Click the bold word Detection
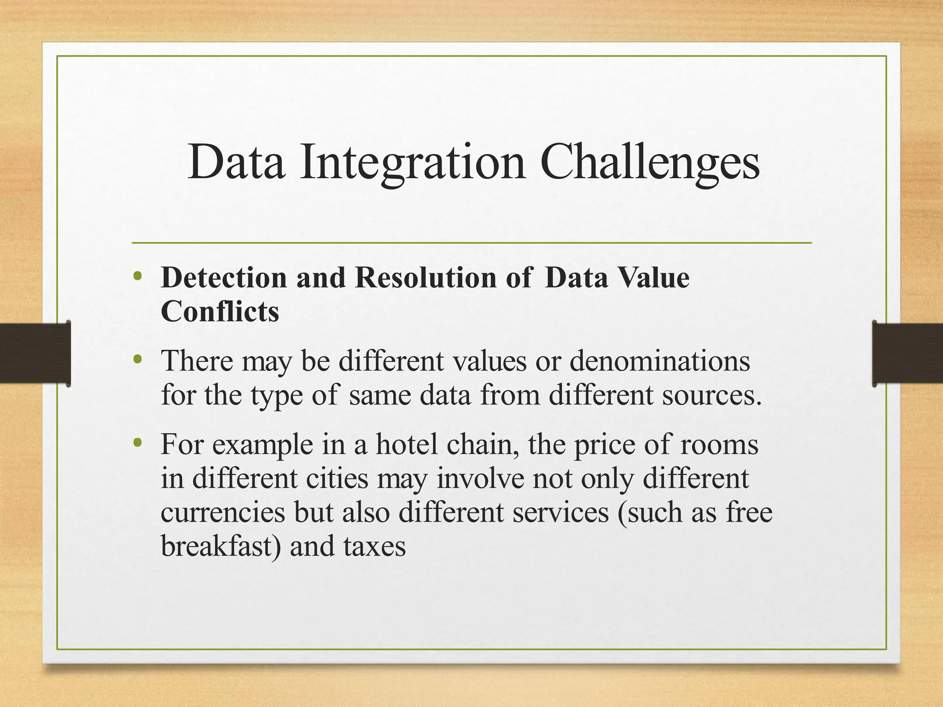[x=224, y=278]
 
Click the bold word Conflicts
[x=220, y=312]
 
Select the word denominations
[x=660, y=361]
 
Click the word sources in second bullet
[x=711, y=395]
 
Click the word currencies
[x=223, y=513]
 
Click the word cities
[x=337, y=479]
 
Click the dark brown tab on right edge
[x=907, y=353]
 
